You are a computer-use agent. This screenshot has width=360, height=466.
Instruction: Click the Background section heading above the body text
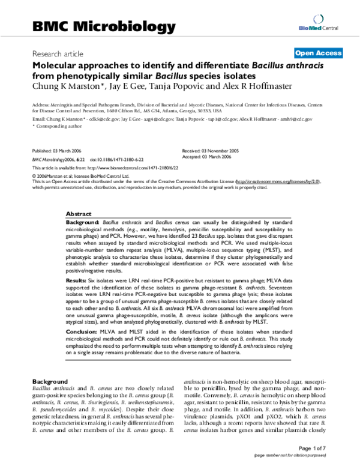[49, 381]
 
